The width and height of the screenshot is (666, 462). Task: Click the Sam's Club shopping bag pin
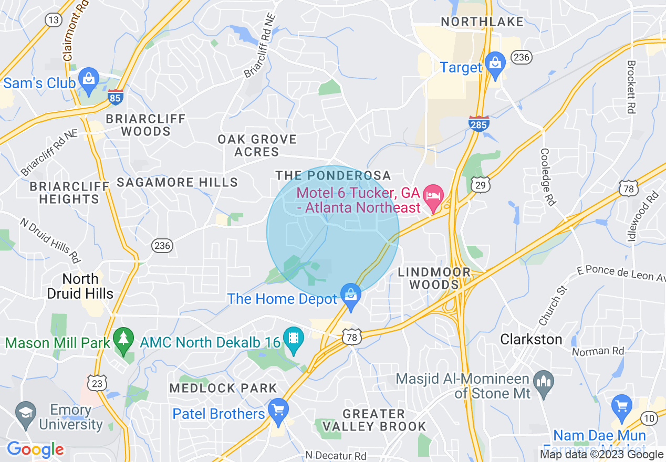click(89, 79)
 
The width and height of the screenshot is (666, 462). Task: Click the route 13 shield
click(53, 20)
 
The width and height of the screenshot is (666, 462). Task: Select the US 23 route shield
click(97, 384)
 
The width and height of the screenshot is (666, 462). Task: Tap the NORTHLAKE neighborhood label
click(482, 22)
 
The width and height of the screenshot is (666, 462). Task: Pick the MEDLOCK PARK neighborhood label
click(223, 388)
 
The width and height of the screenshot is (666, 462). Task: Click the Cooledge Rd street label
click(547, 176)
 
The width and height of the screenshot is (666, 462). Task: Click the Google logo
click(35, 449)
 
